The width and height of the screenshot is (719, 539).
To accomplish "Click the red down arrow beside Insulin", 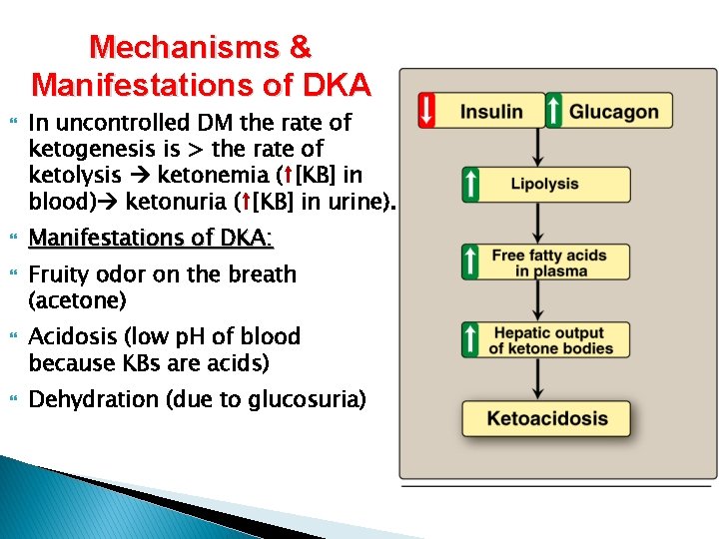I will tap(426, 110).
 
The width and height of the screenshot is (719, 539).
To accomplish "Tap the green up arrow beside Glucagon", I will tap(554, 110).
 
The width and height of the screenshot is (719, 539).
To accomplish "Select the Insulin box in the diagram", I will tap(490, 110).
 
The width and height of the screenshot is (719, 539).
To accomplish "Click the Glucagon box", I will tap(614, 111).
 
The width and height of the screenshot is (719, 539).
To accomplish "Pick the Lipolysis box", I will tap(544, 184).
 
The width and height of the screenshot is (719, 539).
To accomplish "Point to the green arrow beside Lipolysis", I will tap(469, 184).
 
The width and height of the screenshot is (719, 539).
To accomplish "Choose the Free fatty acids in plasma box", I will tap(548, 263).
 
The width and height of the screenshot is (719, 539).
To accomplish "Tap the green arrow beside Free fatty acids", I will tap(469, 263).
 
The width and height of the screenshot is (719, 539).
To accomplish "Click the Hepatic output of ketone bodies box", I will tap(546, 340).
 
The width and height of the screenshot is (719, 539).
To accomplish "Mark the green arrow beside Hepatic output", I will tap(469, 340).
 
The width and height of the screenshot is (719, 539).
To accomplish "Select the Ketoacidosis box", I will tap(546, 418).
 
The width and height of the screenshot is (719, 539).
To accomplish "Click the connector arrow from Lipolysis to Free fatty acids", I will tap(538, 224).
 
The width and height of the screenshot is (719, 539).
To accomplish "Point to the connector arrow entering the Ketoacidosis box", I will tap(538, 379).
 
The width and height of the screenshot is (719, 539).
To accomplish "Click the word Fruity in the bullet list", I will tap(62, 274).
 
